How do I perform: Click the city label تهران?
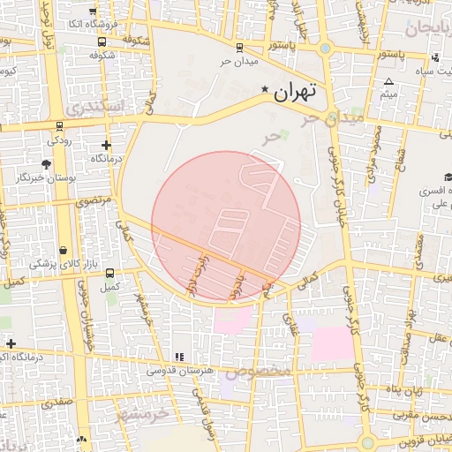click(294, 91)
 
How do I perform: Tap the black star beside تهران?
click(265, 90)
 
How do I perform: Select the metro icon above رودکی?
click(59, 125)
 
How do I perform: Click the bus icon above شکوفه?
click(103, 41)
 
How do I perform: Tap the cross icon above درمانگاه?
click(107, 145)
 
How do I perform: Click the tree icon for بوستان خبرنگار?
click(46, 164)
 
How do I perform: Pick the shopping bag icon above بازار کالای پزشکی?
click(64, 251)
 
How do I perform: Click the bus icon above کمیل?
click(110, 273)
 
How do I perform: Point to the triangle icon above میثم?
click(388, 80)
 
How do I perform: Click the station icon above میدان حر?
click(240, 48)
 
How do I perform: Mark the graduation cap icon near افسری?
click(448, 177)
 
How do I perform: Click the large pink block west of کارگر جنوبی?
click(328, 344)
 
